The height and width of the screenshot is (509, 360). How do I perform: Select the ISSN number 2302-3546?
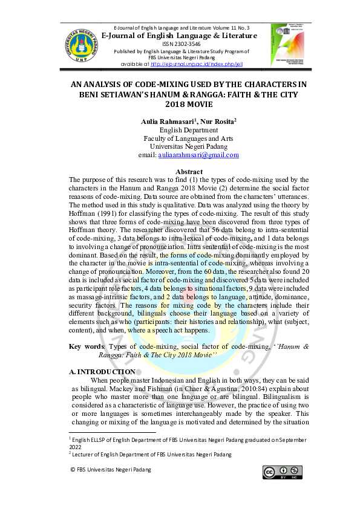coord(180,44)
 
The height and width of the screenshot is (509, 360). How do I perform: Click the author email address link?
coord(198,155)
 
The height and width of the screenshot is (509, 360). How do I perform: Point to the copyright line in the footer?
coord(103,469)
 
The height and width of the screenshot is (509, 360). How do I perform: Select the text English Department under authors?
coord(189,130)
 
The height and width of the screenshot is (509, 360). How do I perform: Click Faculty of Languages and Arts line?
coord(189,138)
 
